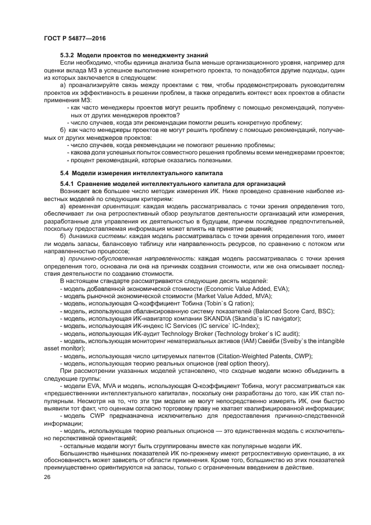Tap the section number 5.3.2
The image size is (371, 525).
[67, 55]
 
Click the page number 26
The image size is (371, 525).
[47, 477]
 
